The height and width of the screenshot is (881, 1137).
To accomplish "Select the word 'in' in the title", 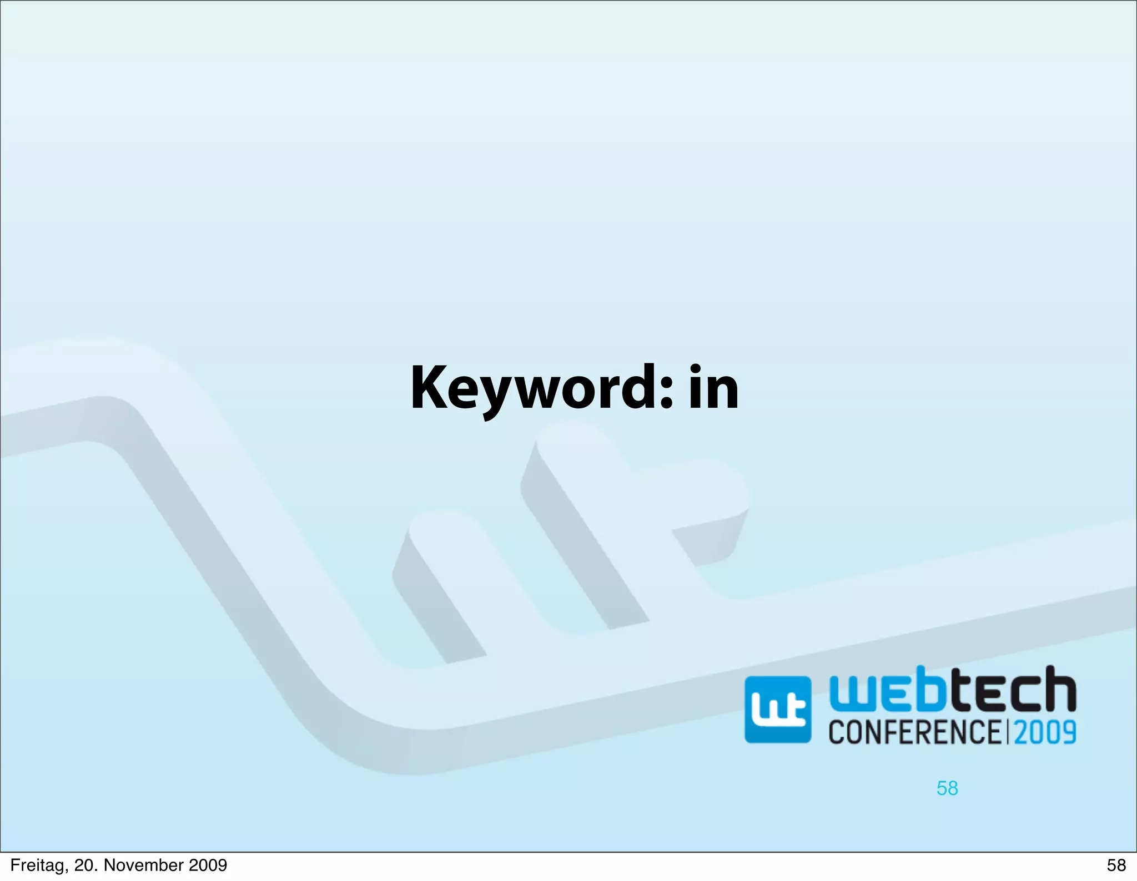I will pyautogui.click(x=714, y=389).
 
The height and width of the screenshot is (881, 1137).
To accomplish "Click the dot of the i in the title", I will pyautogui.click(x=696, y=369).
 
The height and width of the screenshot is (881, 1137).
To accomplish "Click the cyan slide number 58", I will pyautogui.click(x=947, y=788).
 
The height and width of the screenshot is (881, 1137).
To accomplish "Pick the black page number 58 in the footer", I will pyautogui.click(x=1116, y=865).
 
